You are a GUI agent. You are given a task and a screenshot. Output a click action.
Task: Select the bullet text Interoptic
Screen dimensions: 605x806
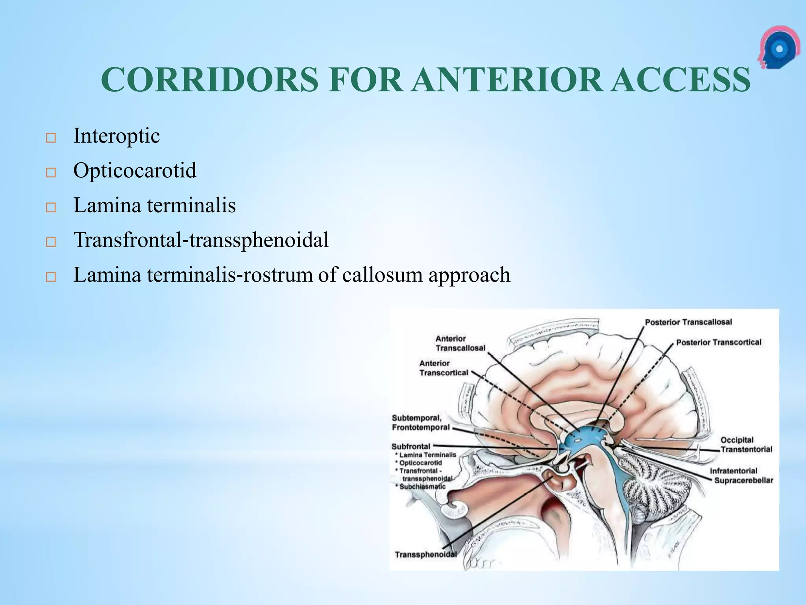click(x=116, y=136)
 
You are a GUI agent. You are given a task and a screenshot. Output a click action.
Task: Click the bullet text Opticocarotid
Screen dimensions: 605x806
click(x=135, y=171)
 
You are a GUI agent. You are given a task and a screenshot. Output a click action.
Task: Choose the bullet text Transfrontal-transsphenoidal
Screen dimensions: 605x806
click(x=201, y=240)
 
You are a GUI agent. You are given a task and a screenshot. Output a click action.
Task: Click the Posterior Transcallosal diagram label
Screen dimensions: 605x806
click(x=688, y=322)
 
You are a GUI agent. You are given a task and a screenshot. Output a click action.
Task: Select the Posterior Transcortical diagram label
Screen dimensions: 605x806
click(x=719, y=342)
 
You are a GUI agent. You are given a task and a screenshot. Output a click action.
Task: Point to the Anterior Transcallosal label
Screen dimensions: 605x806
click(x=460, y=343)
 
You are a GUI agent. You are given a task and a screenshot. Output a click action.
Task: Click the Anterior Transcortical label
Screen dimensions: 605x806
click(x=444, y=368)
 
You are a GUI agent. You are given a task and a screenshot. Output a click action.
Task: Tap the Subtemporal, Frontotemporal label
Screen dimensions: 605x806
click(x=420, y=423)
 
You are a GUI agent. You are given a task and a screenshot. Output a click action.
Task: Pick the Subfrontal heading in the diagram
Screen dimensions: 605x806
click(x=411, y=446)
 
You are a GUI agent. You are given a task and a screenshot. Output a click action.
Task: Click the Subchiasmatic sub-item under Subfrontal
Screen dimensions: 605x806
click(x=422, y=486)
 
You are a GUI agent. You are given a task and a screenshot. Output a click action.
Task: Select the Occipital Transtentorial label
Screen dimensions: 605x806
click(x=746, y=445)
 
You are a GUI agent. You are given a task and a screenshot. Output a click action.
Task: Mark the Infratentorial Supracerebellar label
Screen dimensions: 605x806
click(x=741, y=475)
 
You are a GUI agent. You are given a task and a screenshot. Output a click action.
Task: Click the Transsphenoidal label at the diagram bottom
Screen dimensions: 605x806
click(x=425, y=555)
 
